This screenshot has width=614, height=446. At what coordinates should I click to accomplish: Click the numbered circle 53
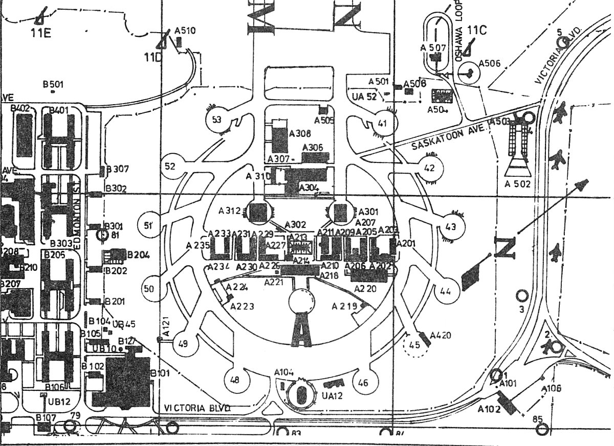coord(217,121)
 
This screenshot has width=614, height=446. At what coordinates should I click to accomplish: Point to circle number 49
coord(183,343)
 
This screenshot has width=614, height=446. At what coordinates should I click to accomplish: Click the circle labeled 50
coord(149,289)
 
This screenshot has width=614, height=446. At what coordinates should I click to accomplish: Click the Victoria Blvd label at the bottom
coord(198,408)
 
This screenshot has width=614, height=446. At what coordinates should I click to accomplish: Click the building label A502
coord(518,184)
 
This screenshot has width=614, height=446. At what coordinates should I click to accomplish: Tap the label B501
coord(53,84)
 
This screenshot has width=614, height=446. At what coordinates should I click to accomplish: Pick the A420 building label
coord(441,336)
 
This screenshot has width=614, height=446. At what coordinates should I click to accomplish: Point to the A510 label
coord(185,31)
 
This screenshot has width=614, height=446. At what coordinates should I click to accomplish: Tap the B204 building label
coord(138,255)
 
